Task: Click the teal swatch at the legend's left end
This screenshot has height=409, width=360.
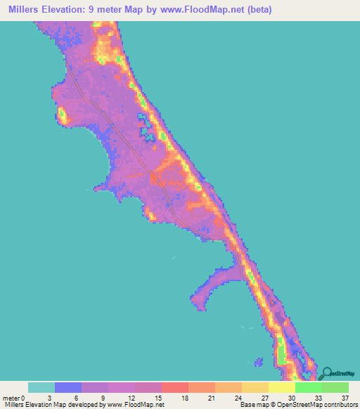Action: tap(41, 387)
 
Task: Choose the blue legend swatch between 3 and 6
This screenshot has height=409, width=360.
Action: tap(68, 387)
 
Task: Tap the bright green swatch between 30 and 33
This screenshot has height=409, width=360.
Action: tap(309, 387)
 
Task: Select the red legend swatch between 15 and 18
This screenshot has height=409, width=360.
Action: tap(175, 387)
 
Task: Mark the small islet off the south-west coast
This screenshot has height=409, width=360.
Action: tap(259, 363)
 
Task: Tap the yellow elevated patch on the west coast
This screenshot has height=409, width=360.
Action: tap(62, 114)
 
